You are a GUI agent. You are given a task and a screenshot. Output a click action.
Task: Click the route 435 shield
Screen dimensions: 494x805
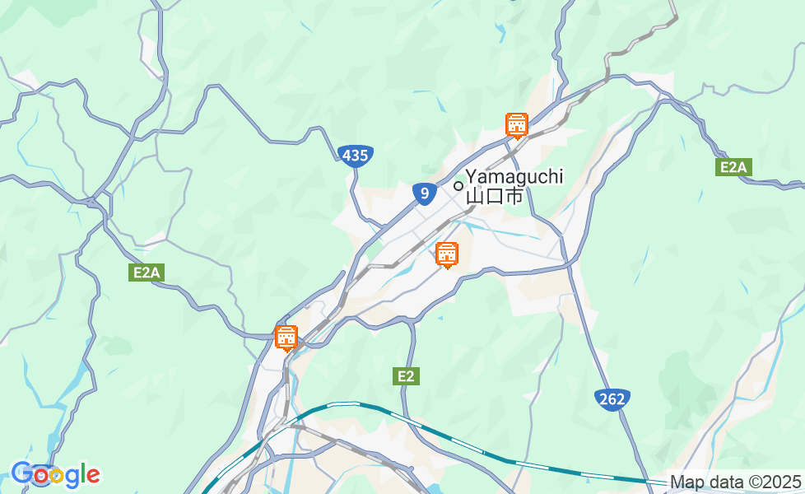(x=356, y=156)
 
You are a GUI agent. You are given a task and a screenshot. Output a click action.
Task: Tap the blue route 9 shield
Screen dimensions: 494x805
(x=424, y=193)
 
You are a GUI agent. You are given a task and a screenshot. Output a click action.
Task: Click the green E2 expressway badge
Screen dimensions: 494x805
(x=406, y=376)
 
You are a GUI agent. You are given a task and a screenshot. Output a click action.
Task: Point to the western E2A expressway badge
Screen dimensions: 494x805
(x=144, y=273)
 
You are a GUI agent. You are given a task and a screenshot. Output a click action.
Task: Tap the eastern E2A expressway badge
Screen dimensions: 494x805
(x=733, y=168)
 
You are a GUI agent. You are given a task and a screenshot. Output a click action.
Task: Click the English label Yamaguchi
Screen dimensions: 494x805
(x=514, y=176)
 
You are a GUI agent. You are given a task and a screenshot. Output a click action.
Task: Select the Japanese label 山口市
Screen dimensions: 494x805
(x=495, y=196)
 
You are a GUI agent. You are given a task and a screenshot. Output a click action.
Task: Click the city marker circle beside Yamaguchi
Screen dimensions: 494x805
(x=458, y=185)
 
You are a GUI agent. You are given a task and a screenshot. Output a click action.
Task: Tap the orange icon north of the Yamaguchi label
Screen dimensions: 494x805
(x=516, y=125)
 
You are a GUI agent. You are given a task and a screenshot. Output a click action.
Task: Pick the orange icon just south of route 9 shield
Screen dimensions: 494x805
(x=447, y=254)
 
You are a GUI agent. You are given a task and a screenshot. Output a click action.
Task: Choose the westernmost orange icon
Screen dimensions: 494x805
(x=286, y=338)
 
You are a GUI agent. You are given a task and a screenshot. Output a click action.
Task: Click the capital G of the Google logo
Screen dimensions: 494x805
(x=21, y=473)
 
